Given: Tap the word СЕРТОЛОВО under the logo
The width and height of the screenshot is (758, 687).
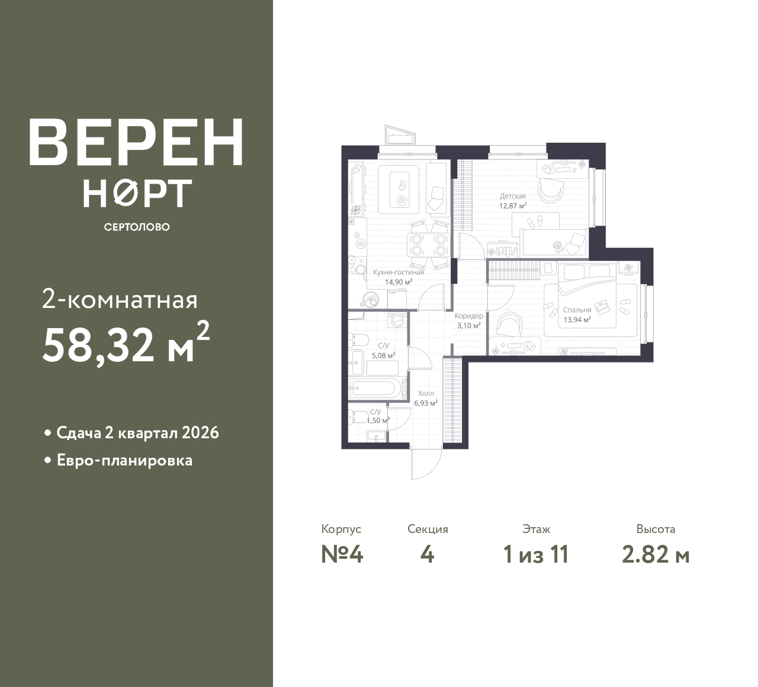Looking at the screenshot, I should pos(136,227).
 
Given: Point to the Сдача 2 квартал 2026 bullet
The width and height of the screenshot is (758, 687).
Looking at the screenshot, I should pos(137,433).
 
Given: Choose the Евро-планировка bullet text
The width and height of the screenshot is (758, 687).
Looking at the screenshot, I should pos(124,460).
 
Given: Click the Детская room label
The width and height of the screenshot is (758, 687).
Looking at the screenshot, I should pos(513,196).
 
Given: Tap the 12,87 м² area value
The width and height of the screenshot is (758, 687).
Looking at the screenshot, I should pos(513,206).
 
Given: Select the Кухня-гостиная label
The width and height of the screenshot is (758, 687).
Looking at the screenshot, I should pos(399,272).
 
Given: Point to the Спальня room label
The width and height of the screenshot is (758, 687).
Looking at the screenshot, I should pos(577,310).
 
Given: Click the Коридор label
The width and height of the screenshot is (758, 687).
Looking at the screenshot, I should pos(468,316).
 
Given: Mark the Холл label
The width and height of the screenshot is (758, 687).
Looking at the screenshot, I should pos(426,393).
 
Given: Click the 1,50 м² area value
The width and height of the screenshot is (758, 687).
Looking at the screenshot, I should pos(377,420).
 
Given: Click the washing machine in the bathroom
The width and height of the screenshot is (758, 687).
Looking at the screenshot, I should pos(397,320).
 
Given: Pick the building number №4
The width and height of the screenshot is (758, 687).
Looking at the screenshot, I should pos(342,555).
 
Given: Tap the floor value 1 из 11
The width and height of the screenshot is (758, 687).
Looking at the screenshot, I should pos(536,555).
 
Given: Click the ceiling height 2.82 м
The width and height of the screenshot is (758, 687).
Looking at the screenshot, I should pos(656,555).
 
